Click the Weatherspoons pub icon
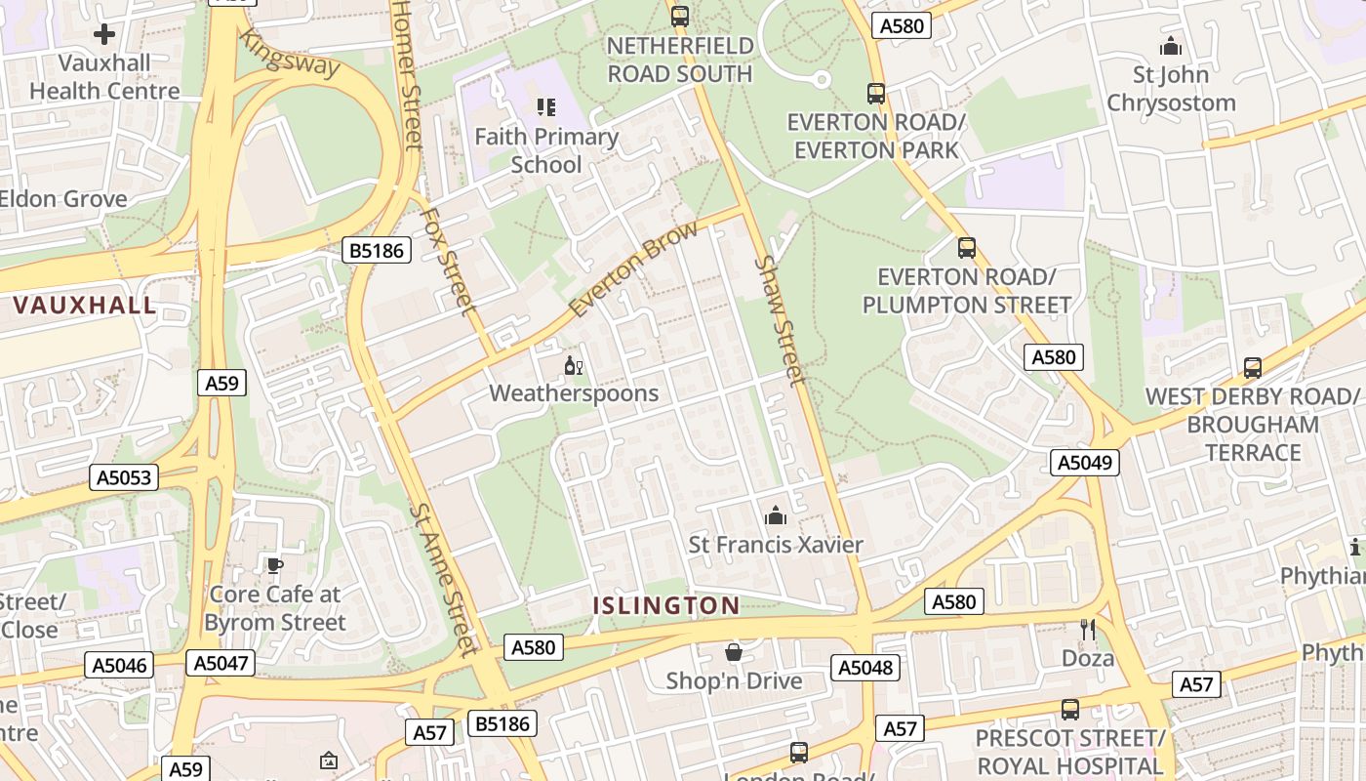(x=573, y=366)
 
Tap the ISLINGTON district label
(x=666, y=605)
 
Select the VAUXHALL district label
(x=85, y=305)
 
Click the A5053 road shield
(x=124, y=477)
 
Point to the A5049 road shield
(x=1084, y=462)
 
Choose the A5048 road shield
(x=864, y=668)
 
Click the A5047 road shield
(x=221, y=663)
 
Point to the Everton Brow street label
(x=634, y=268)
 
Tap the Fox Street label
(x=448, y=261)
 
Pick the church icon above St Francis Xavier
(x=776, y=515)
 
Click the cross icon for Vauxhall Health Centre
(x=104, y=34)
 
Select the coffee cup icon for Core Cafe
(x=275, y=565)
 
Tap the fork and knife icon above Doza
(x=1088, y=630)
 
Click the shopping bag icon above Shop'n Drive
(x=734, y=652)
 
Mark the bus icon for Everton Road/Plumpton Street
(x=966, y=248)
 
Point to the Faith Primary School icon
(x=545, y=106)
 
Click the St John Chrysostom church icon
(x=1170, y=46)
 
